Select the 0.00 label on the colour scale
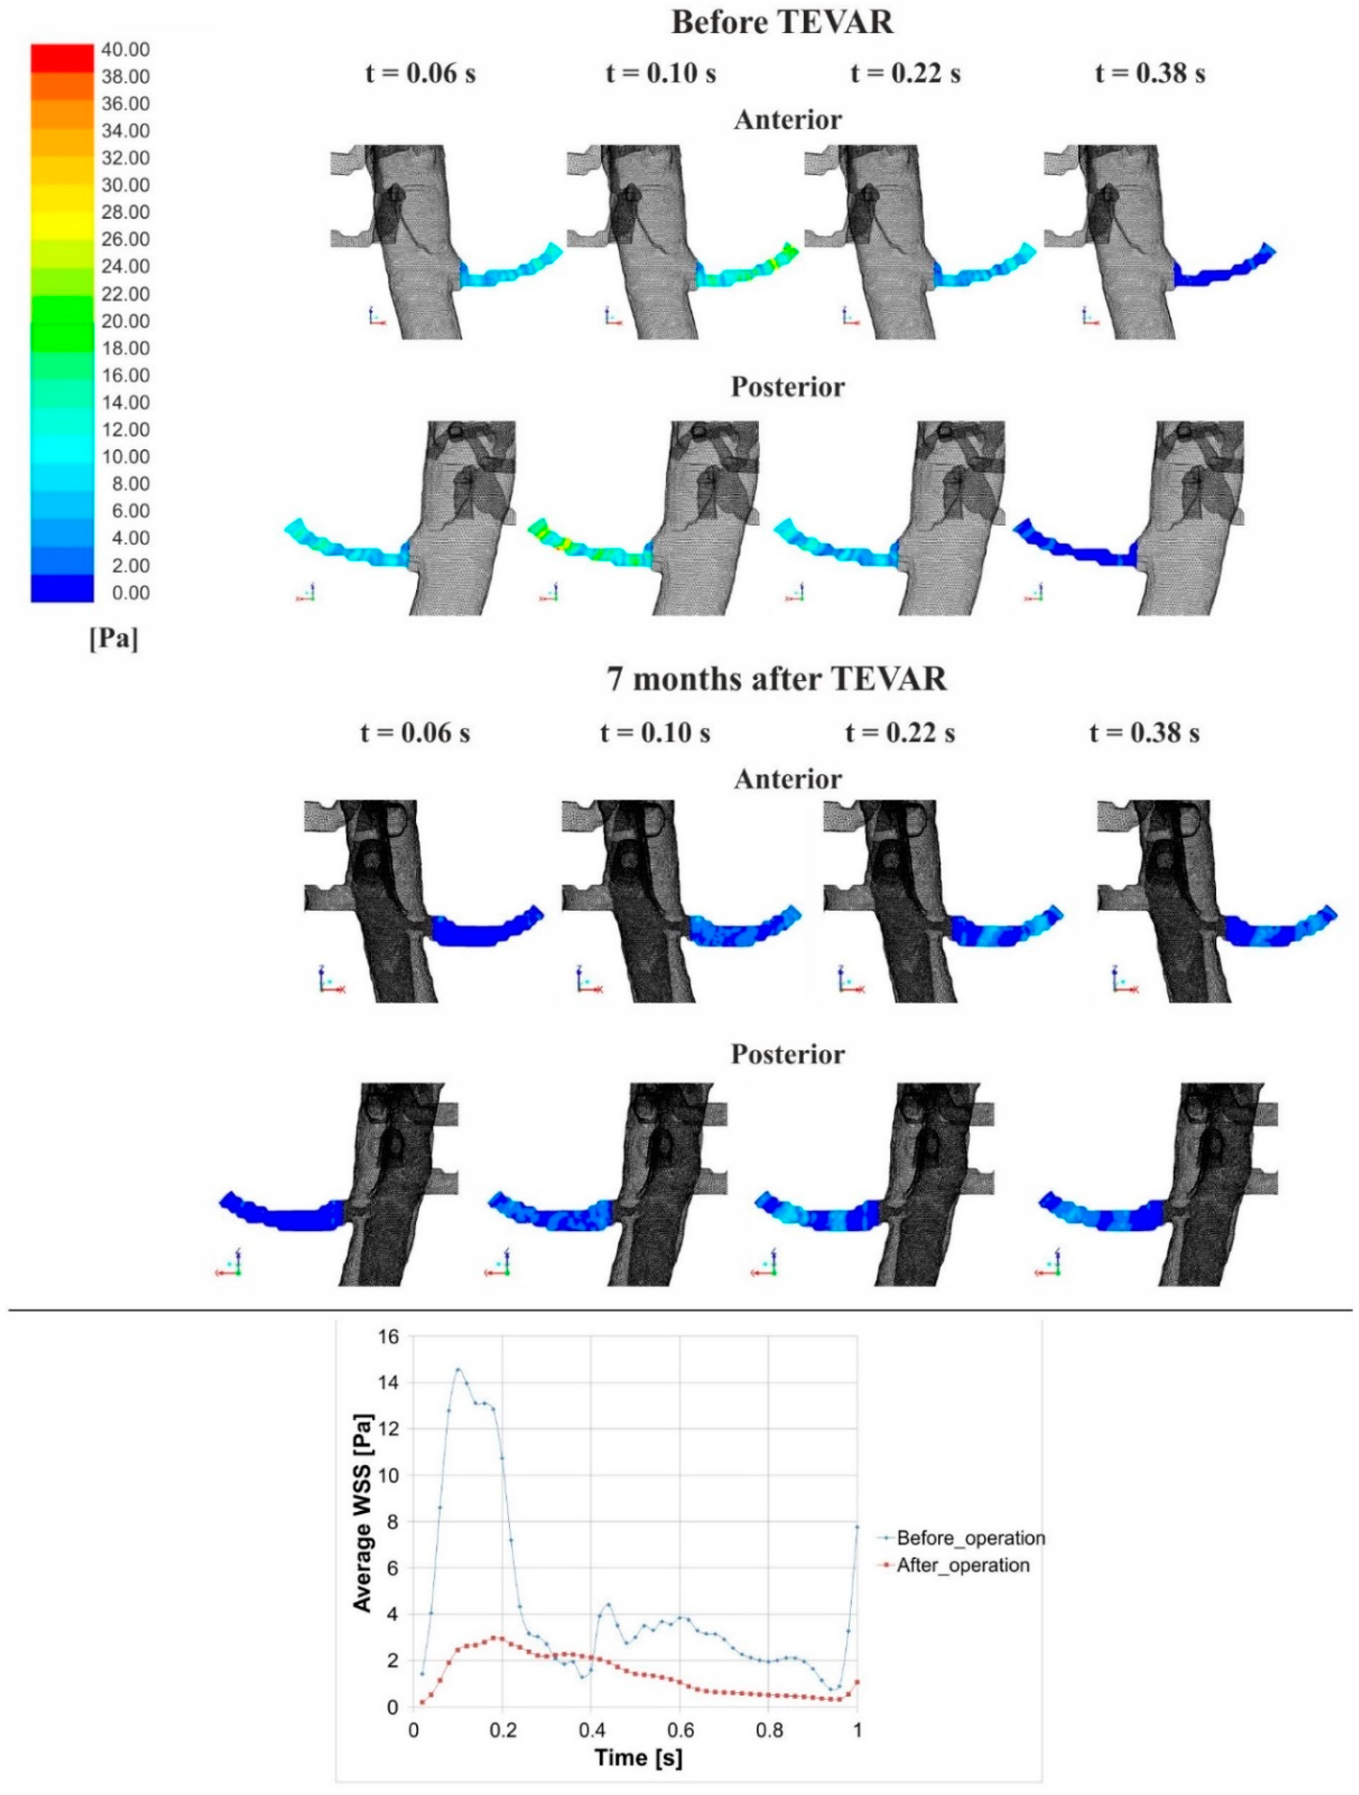coord(130,593)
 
